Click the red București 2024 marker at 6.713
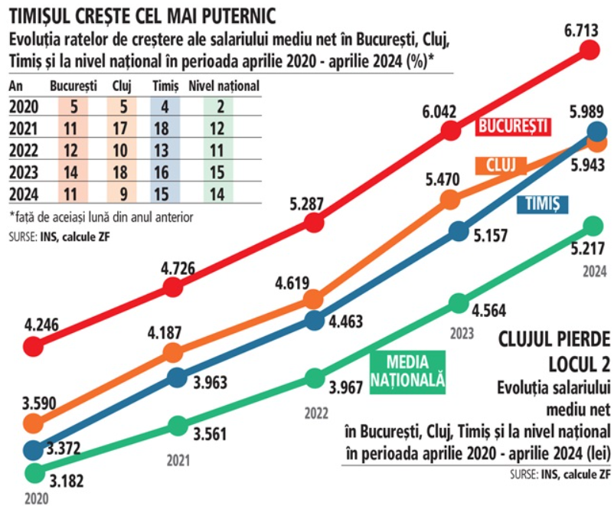590,51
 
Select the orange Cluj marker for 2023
452,200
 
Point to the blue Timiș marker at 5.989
597,131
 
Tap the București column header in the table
73,86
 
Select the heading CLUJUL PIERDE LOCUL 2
553,348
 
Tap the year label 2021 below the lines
178,461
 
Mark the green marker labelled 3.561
178,426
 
